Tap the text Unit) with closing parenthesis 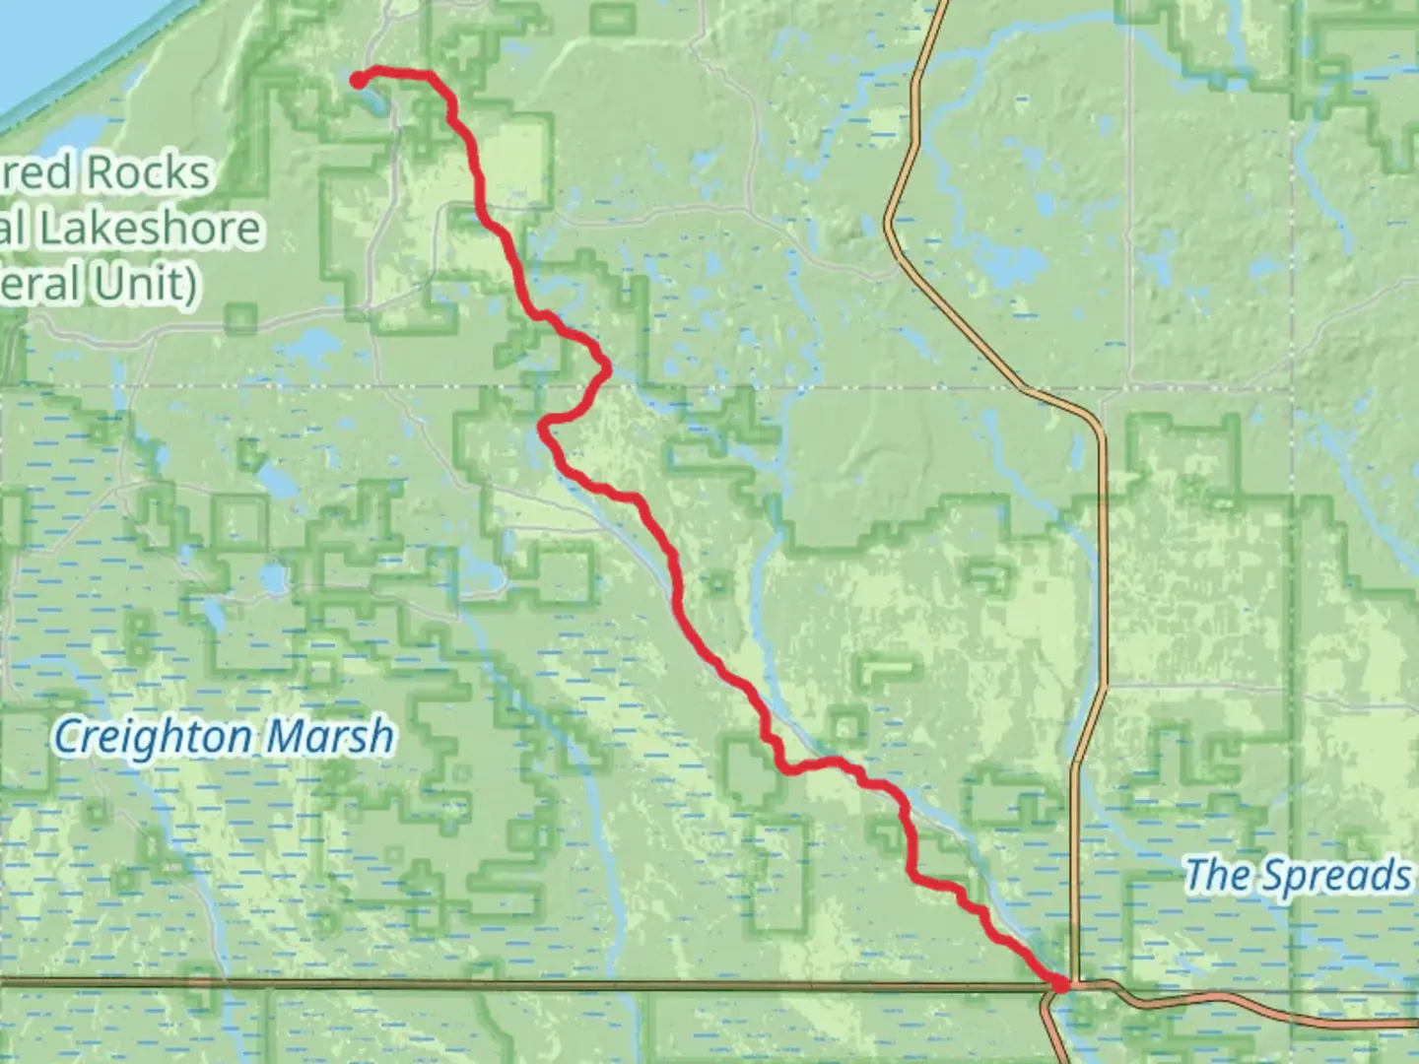[x=148, y=284]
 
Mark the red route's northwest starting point [x=358, y=81]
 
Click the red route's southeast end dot [x=1060, y=983]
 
